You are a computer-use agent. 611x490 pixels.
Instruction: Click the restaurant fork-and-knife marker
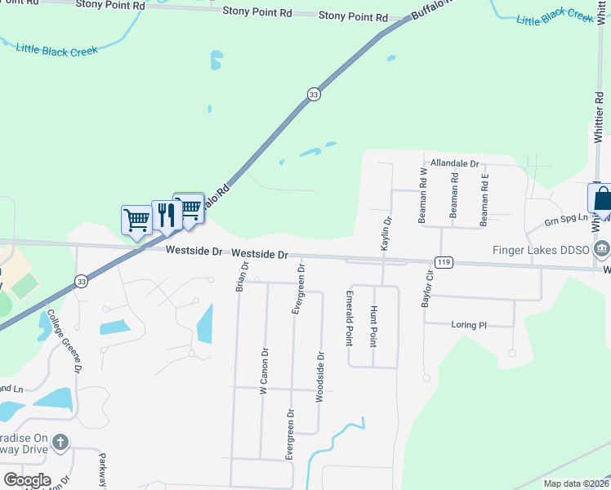pyautogui.click(x=167, y=215)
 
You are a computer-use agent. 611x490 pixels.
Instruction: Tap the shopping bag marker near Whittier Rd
pyautogui.click(x=600, y=199)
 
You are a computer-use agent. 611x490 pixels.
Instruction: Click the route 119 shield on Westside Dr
pyautogui.click(x=444, y=262)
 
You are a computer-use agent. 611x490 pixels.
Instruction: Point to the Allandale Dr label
pyautogui.click(x=455, y=163)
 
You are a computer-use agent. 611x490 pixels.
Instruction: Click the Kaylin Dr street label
pyautogui.click(x=387, y=233)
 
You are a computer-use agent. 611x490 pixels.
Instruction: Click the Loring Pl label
pyautogui.click(x=469, y=324)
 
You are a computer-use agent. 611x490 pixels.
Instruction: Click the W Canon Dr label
pyautogui.click(x=264, y=372)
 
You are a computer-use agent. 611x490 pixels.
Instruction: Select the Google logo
pyautogui.click(x=27, y=480)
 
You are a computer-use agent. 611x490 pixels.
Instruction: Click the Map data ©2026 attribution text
pyautogui.click(x=575, y=483)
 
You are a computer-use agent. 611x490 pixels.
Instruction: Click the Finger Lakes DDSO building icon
pyautogui.click(x=603, y=248)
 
